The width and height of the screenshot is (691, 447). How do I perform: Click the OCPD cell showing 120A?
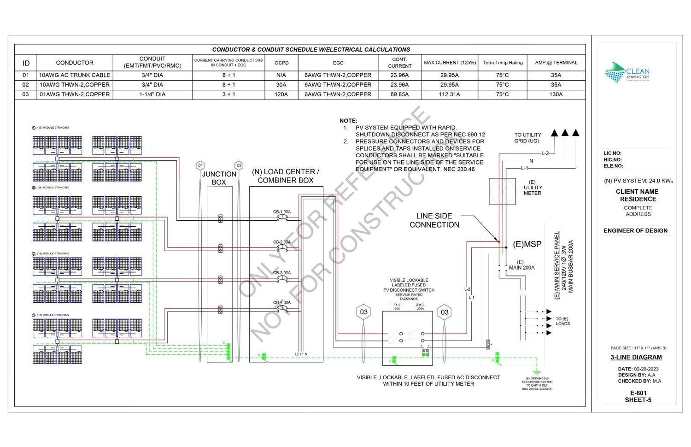pyautogui.click(x=281, y=94)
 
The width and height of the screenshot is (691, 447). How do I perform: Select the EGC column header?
pyautogui.click(x=338, y=63)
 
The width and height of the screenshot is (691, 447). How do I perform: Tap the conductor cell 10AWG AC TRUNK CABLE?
pyautogui.click(x=75, y=75)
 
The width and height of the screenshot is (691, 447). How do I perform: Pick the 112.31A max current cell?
pyautogui.click(x=449, y=94)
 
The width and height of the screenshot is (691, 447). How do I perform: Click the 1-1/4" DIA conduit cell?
pyautogui.click(x=152, y=94)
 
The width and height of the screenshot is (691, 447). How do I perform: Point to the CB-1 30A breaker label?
pyautogui.click(x=282, y=212)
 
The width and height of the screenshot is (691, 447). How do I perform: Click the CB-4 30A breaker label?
pyautogui.click(x=282, y=302)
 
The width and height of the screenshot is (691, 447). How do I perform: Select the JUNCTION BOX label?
pyautogui.click(x=219, y=178)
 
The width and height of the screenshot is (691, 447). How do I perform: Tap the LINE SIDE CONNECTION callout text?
pyautogui.click(x=434, y=220)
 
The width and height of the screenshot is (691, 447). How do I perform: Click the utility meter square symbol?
pyautogui.click(x=502, y=191)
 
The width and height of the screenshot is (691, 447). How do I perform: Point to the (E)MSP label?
pyautogui.click(x=527, y=244)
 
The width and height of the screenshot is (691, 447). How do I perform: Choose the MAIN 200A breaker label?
pyautogui.click(x=521, y=267)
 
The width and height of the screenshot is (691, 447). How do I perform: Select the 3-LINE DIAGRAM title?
pyautogui.click(x=636, y=357)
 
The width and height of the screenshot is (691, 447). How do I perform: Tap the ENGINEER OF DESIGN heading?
pyautogui.click(x=635, y=230)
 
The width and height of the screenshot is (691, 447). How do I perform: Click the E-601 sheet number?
pyautogui.click(x=638, y=393)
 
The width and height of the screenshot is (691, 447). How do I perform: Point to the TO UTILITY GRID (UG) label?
pyautogui.click(x=527, y=138)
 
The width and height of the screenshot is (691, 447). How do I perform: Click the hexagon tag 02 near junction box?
pyautogui.click(x=239, y=165)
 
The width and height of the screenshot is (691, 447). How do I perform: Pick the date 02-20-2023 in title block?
pyautogui.click(x=645, y=369)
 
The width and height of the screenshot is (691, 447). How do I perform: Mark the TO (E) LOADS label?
pyautogui.click(x=562, y=321)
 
